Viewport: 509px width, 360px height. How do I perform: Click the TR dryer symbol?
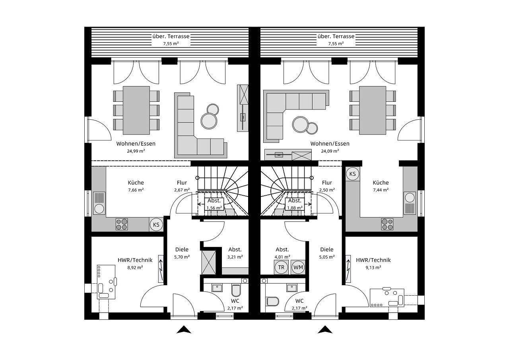[281, 267]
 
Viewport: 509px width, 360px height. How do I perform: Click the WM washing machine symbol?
[298, 267]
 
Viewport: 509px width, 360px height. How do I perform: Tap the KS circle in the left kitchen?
[156, 225]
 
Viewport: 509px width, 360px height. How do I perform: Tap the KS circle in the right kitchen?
[352, 174]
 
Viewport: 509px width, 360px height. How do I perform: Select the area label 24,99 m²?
[136, 151]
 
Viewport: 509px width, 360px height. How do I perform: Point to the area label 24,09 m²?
[330, 151]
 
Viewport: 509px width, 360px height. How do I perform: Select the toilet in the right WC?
[272, 301]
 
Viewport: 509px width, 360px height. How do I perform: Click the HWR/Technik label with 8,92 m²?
[135, 260]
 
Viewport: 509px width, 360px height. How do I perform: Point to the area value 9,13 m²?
[373, 268]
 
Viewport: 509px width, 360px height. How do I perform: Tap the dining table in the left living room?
[136, 111]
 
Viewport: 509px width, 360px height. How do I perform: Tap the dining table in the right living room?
[373, 111]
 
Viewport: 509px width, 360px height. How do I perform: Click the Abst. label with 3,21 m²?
[235, 250]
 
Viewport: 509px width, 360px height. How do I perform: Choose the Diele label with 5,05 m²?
[327, 250]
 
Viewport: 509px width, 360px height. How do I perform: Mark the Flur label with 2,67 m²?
[182, 183]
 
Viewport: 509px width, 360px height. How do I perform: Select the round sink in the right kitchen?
[409, 197]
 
